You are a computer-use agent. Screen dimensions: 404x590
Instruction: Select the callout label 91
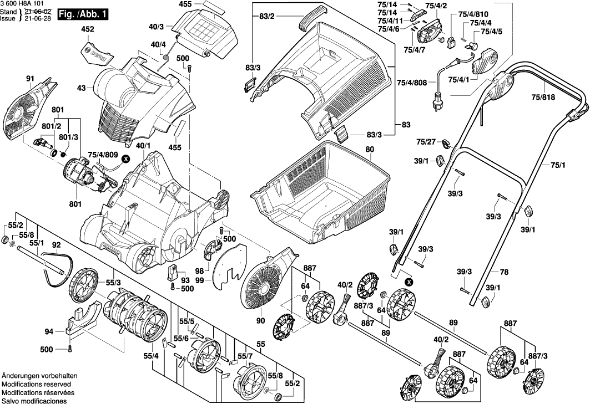30,79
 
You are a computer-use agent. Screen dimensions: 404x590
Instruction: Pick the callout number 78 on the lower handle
504,272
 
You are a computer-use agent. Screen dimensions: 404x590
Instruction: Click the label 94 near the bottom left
49,332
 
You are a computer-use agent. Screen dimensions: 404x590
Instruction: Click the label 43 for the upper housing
82,88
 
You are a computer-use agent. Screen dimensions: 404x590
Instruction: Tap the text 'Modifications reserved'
36,383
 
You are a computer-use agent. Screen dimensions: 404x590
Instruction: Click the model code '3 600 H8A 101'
23,3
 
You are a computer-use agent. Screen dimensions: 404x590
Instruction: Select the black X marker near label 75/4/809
125,159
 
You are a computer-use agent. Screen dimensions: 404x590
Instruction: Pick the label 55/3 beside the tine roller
114,283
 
